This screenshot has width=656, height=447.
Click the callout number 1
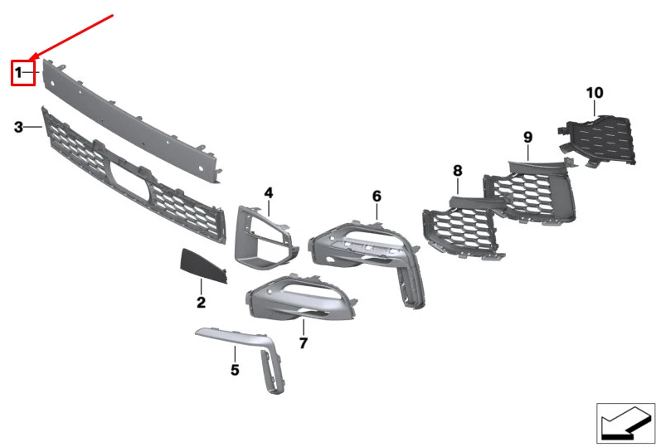[x=18, y=73]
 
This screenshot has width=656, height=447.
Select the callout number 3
[x=18, y=127]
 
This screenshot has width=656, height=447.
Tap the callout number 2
[x=201, y=302]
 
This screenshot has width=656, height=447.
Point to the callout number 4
[x=269, y=192]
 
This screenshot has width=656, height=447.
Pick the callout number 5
[x=236, y=370]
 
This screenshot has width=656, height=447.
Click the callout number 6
[x=377, y=196]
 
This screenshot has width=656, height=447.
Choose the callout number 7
[x=304, y=343]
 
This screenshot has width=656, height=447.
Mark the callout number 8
[x=457, y=170]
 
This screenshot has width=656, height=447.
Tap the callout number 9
[x=528, y=137]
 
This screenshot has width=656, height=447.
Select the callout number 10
[x=595, y=93]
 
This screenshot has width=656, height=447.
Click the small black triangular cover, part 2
[x=202, y=265]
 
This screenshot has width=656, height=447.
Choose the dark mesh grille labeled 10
[x=599, y=140]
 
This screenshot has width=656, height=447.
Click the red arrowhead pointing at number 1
[x=33, y=56]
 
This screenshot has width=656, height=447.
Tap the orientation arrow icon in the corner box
[x=626, y=424]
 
